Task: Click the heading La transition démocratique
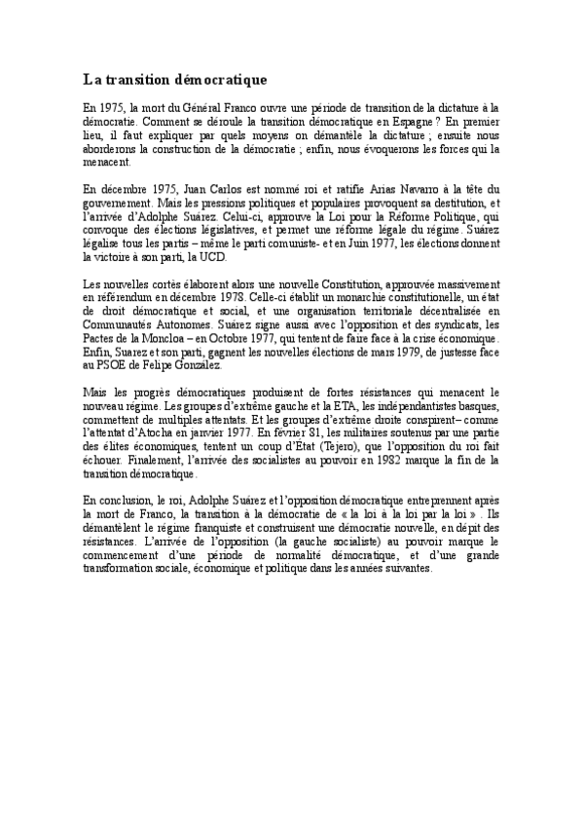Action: tap(174, 77)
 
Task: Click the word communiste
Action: tap(322, 244)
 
